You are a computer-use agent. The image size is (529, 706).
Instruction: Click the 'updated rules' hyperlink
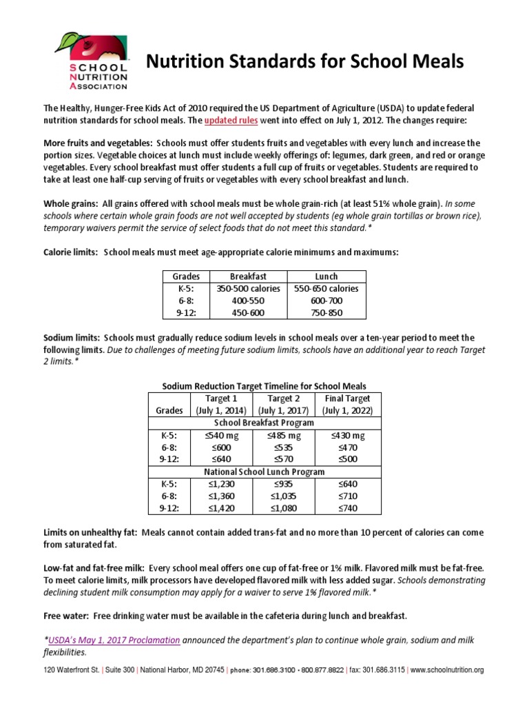point(235,120)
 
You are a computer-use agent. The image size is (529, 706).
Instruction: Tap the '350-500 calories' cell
point(249,289)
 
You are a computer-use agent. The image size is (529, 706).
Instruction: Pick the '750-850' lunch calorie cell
point(327,312)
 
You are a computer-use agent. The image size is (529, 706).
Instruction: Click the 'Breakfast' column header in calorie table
point(249,276)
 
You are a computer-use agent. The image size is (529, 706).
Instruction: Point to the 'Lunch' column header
point(327,276)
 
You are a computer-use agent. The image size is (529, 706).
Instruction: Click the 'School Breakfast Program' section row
point(264,423)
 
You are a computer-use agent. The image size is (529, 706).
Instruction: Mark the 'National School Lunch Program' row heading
point(264,472)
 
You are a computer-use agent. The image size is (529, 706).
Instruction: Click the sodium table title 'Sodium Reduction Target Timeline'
point(264,386)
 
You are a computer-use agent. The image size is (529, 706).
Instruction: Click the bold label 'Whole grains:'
point(70,203)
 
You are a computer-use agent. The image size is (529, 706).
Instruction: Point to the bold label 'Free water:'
point(67,615)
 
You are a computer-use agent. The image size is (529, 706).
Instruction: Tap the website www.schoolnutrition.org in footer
point(448,669)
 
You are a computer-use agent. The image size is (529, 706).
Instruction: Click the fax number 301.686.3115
point(383,669)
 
